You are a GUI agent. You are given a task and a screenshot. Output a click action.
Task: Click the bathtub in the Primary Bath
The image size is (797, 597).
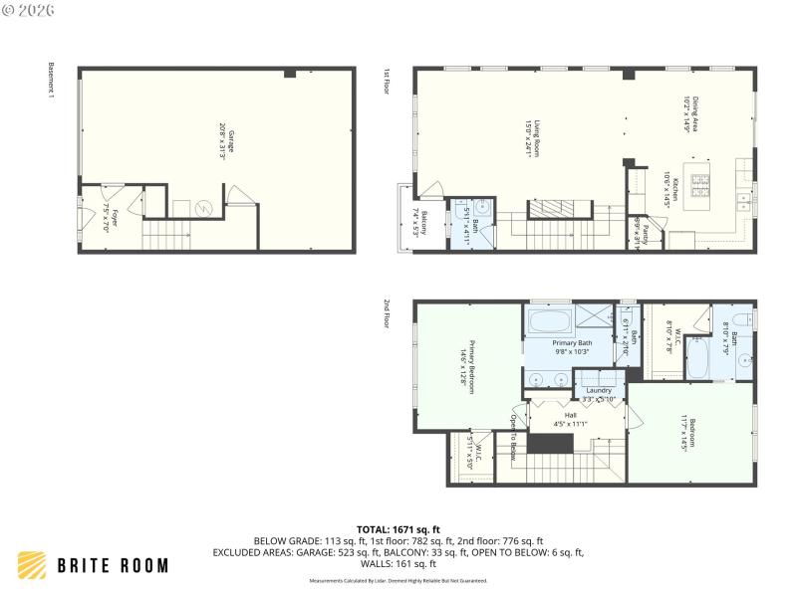pos(548,321)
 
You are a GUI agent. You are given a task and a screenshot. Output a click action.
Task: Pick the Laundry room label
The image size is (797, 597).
pos(598,391)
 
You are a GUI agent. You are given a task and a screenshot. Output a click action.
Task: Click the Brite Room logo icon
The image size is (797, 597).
pos(33,565)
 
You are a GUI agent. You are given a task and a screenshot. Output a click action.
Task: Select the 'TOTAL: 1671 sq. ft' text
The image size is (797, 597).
pos(398,528)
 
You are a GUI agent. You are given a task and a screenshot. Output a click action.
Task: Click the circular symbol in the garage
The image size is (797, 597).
pos(206,208)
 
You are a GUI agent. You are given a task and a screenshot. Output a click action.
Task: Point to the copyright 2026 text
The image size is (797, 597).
pos(29,9)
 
